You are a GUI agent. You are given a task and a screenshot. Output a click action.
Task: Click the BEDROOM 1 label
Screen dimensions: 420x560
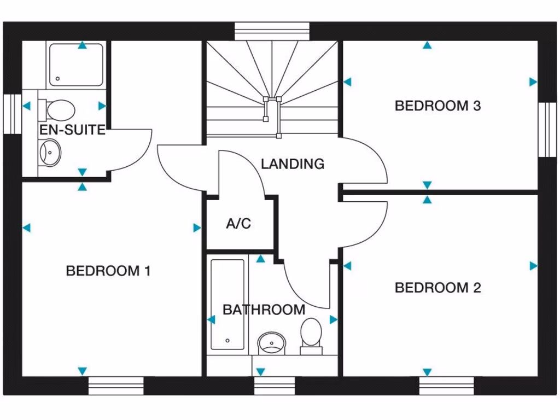click(x=108, y=271)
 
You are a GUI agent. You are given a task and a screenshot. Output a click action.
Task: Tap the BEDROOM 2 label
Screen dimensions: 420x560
click(x=437, y=288)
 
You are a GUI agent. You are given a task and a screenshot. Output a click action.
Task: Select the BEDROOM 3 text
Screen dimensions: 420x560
click(x=437, y=106)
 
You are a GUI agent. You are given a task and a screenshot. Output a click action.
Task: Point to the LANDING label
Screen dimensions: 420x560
click(x=292, y=164)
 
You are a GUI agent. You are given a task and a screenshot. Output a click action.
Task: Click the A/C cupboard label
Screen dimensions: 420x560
click(x=238, y=224)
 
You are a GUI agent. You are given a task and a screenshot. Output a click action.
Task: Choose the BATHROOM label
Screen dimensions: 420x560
click(x=264, y=310)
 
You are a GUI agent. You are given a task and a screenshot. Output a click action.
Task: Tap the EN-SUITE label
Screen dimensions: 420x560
click(x=72, y=130)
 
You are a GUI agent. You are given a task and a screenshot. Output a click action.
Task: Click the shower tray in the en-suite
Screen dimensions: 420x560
click(x=76, y=65)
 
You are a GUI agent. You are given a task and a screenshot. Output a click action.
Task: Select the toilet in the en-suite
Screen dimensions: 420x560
click(x=58, y=109)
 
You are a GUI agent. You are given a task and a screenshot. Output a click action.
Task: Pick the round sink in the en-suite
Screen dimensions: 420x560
click(x=51, y=150)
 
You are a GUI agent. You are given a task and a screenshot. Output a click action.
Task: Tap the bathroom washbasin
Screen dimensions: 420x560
click(x=271, y=343)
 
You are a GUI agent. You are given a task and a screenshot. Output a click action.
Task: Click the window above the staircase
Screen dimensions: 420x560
click(x=272, y=31)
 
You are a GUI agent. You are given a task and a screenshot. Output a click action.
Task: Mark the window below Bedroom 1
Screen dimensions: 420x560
click(x=116, y=385)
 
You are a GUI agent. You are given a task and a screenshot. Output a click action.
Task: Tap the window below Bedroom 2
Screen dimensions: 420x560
click(x=446, y=385)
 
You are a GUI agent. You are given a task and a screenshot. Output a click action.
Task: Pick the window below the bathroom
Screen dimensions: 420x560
click(x=275, y=385)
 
